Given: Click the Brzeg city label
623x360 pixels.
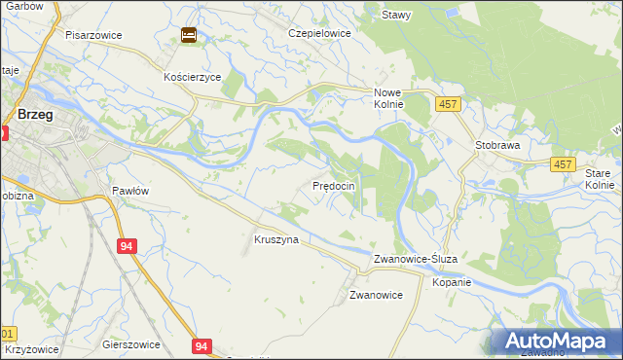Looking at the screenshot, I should tap(35, 115).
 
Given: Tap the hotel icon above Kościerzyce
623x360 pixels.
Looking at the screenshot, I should tap(188, 36).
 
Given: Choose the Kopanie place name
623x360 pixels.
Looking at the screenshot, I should tap(453, 282).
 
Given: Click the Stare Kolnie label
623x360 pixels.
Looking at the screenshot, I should tap(600, 178).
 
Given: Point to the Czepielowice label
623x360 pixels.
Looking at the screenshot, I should tap(318, 32).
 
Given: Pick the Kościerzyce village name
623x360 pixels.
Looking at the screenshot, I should tap(193, 76).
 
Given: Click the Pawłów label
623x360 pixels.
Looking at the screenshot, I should tap(129, 191).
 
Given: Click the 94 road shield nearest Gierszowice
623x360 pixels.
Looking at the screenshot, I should tap(202, 345).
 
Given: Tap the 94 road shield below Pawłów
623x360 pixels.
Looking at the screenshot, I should tap(128, 247).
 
